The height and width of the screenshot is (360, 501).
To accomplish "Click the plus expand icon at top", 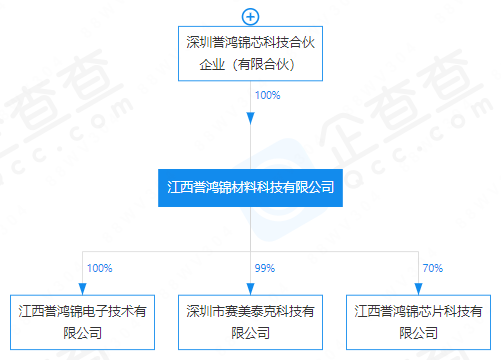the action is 250,17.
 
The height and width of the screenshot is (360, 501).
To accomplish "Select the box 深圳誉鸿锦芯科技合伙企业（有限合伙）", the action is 250,53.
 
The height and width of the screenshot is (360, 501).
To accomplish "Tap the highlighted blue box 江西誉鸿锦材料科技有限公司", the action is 250,188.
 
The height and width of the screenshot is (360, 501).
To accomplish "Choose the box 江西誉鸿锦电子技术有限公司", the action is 82,322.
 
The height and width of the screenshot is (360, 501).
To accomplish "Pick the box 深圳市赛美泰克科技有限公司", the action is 250,322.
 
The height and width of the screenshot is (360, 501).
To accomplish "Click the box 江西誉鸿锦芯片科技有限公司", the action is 418,322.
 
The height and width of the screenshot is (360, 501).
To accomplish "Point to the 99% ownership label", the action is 265,268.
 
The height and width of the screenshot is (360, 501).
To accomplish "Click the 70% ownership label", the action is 433,268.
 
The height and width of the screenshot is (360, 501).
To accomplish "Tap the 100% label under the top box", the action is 267,95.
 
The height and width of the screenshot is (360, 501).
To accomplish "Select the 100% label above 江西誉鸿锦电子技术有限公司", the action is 99,268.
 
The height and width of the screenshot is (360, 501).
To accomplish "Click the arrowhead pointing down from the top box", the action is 250,119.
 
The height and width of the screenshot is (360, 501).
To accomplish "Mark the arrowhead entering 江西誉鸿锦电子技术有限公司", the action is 82,289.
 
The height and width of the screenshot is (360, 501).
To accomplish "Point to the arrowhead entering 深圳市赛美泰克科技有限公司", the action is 250,289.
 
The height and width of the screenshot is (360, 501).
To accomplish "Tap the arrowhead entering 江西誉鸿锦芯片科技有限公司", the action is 418,289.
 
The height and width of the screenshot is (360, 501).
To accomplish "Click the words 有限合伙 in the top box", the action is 263,64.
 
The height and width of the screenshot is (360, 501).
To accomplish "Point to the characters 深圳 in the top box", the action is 199,42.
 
